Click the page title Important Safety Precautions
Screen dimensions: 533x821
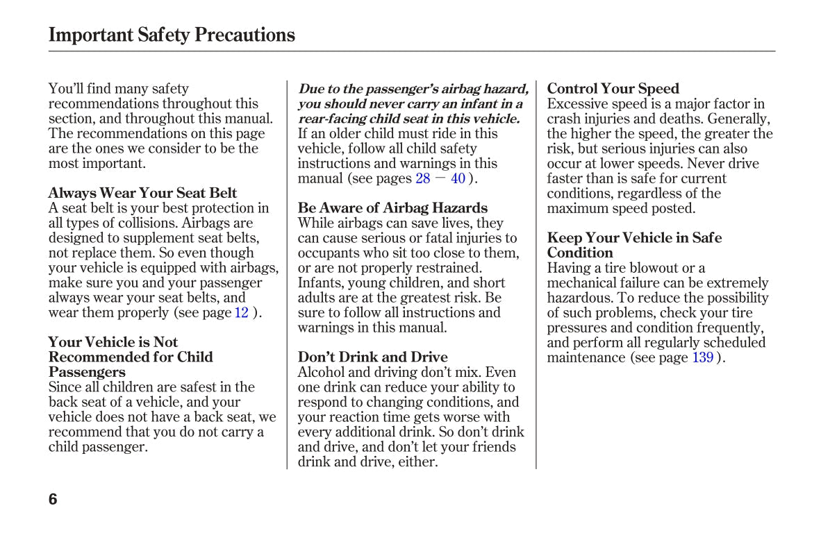(x=172, y=35)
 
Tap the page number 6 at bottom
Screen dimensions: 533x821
(x=53, y=499)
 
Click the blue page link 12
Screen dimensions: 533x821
(x=241, y=312)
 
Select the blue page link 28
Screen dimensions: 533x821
(x=423, y=178)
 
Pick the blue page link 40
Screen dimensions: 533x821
(x=458, y=178)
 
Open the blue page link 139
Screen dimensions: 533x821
(x=702, y=357)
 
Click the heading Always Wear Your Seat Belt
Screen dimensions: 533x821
(x=142, y=193)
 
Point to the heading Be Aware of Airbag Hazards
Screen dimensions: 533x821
(x=392, y=208)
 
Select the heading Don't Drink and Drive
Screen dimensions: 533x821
(x=372, y=357)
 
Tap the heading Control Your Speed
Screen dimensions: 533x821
(x=613, y=88)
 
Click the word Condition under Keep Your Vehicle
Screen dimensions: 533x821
(x=580, y=253)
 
